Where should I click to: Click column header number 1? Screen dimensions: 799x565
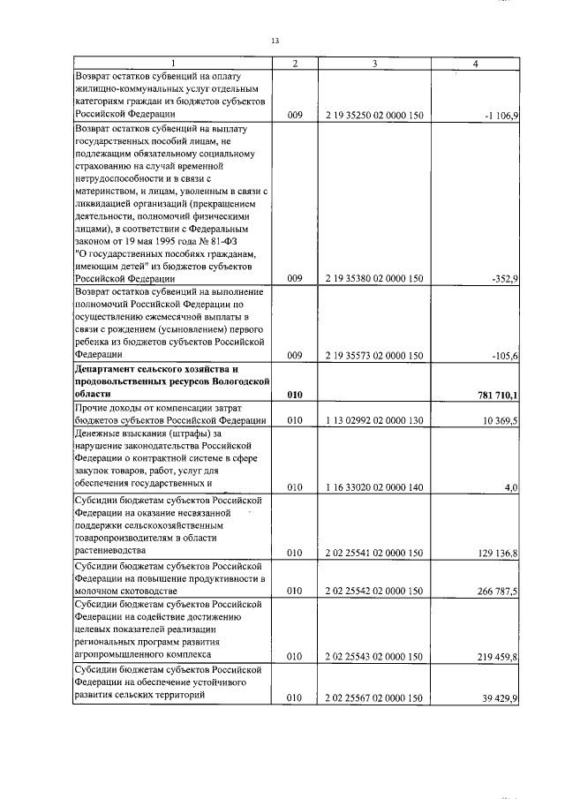click(x=173, y=64)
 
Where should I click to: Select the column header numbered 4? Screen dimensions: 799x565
click(x=476, y=64)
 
